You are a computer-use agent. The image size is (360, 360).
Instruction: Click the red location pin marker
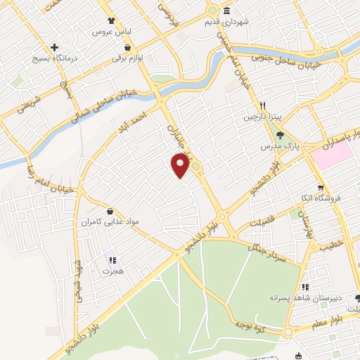pyautogui.click(x=181, y=165)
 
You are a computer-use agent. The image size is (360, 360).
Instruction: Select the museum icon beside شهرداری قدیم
pyautogui.click(x=226, y=11)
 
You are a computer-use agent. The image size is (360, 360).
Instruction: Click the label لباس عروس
pyautogui.click(x=110, y=33)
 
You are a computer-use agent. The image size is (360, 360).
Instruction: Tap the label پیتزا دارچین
pyautogui.click(x=261, y=116)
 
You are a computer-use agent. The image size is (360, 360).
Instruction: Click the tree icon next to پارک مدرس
pyautogui.click(x=281, y=134)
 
